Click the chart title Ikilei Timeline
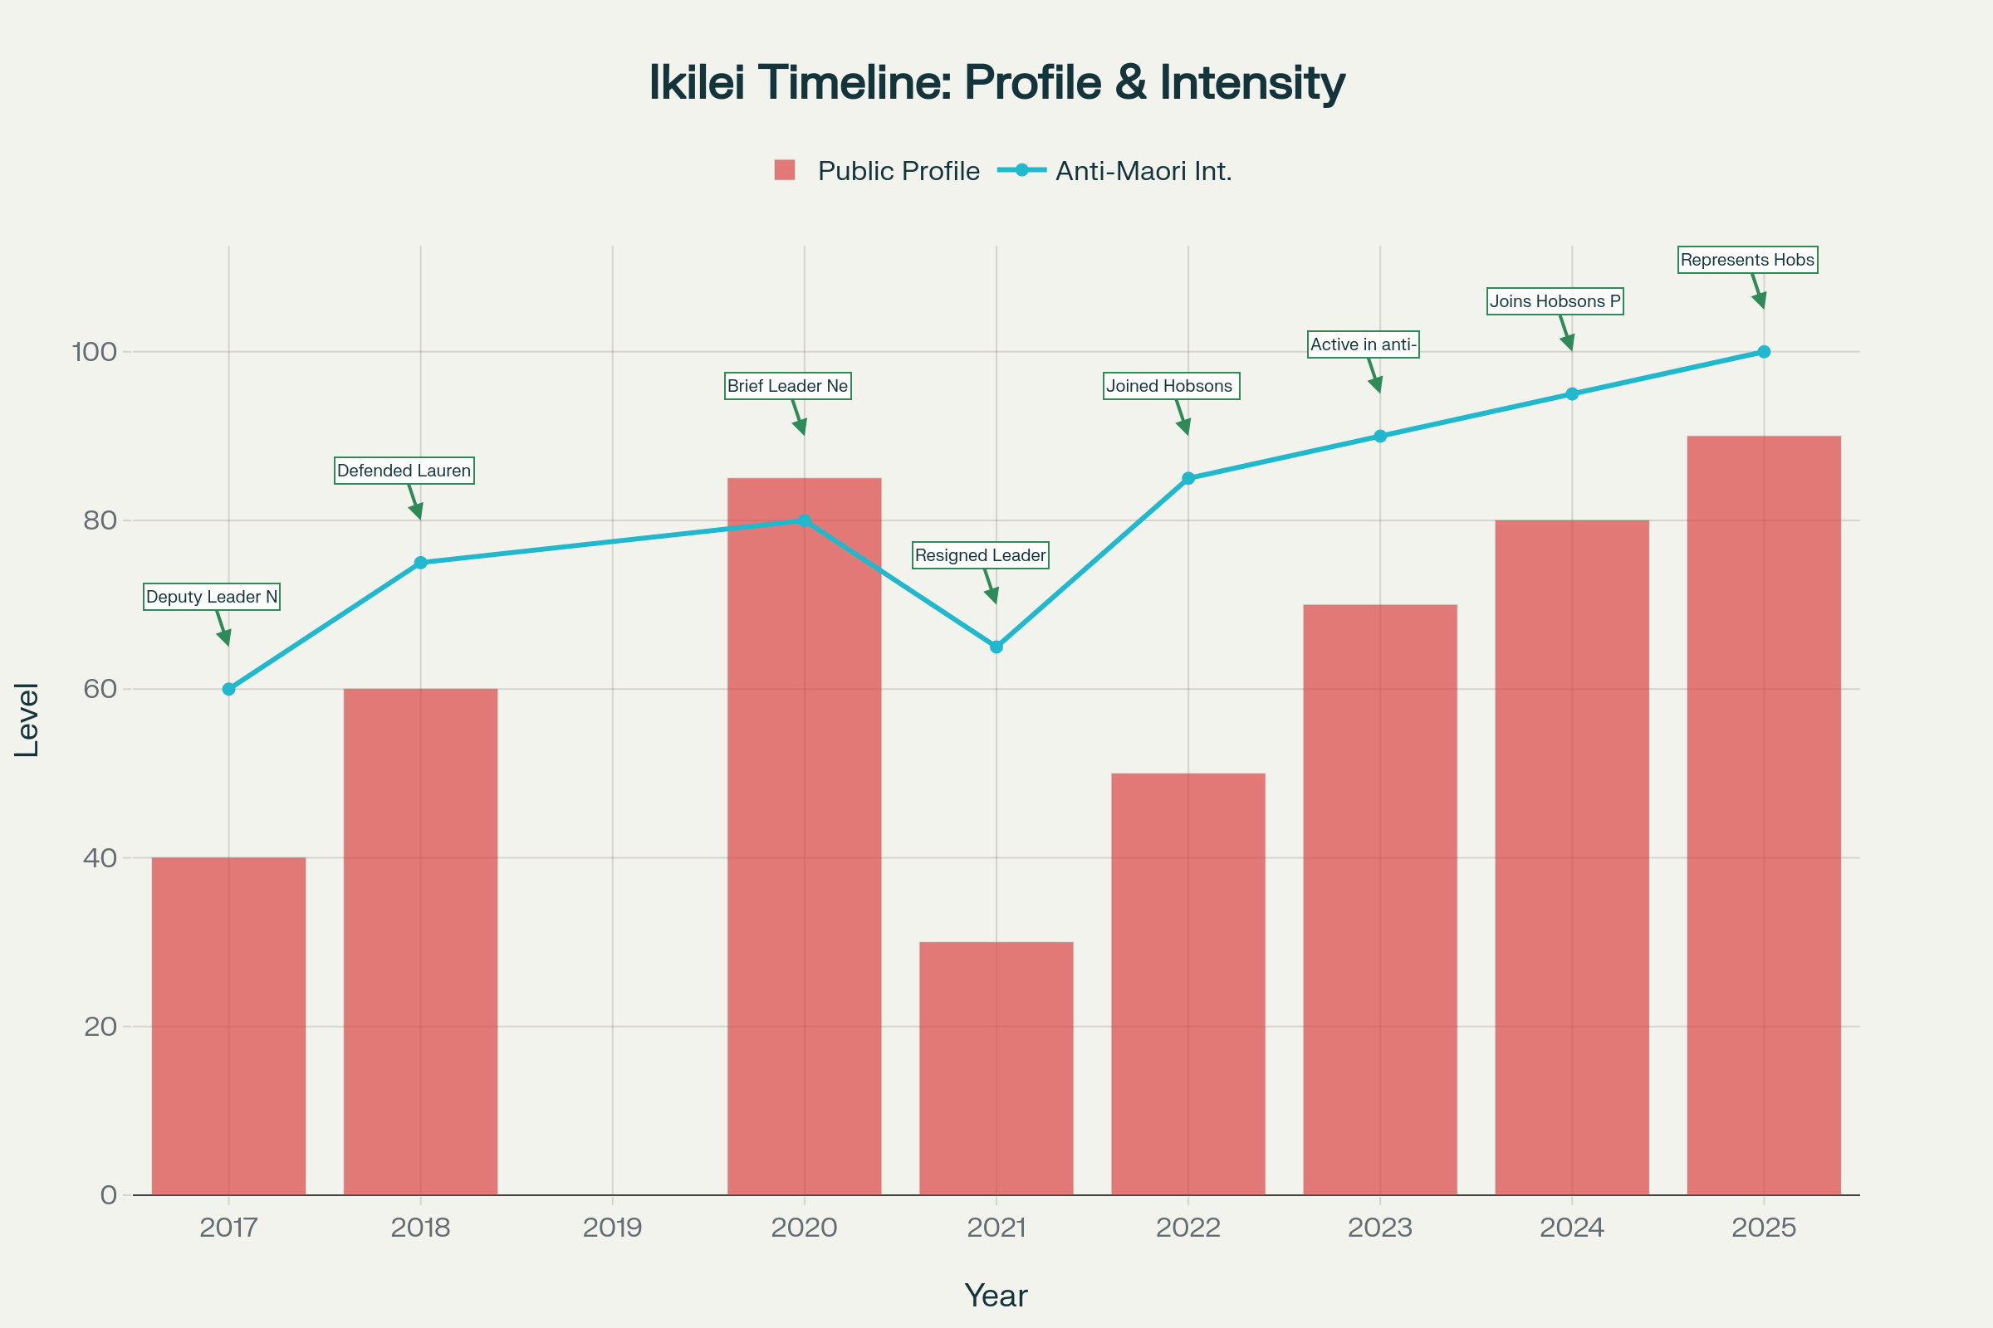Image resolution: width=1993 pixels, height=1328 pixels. point(996,83)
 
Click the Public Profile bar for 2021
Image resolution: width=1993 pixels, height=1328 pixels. point(996,1068)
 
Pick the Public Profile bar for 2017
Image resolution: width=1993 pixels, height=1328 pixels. point(229,1026)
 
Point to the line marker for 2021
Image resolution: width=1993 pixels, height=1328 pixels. point(996,647)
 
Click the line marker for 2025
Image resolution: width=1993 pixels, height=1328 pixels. point(1763,351)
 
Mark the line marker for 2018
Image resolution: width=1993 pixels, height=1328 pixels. point(420,563)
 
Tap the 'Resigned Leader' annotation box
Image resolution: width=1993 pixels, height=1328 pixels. point(981,555)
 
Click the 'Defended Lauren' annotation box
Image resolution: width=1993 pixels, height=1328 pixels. point(404,471)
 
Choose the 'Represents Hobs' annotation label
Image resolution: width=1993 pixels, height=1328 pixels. point(1747,260)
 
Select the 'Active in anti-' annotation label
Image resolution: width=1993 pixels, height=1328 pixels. point(1364,344)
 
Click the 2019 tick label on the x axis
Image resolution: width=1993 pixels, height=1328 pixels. point(613,1228)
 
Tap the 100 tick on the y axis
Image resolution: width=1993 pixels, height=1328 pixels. point(95,351)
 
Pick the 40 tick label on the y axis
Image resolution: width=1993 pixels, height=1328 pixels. point(100,858)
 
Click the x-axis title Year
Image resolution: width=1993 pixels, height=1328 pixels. point(996,1296)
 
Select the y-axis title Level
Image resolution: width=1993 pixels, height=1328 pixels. point(27,720)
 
